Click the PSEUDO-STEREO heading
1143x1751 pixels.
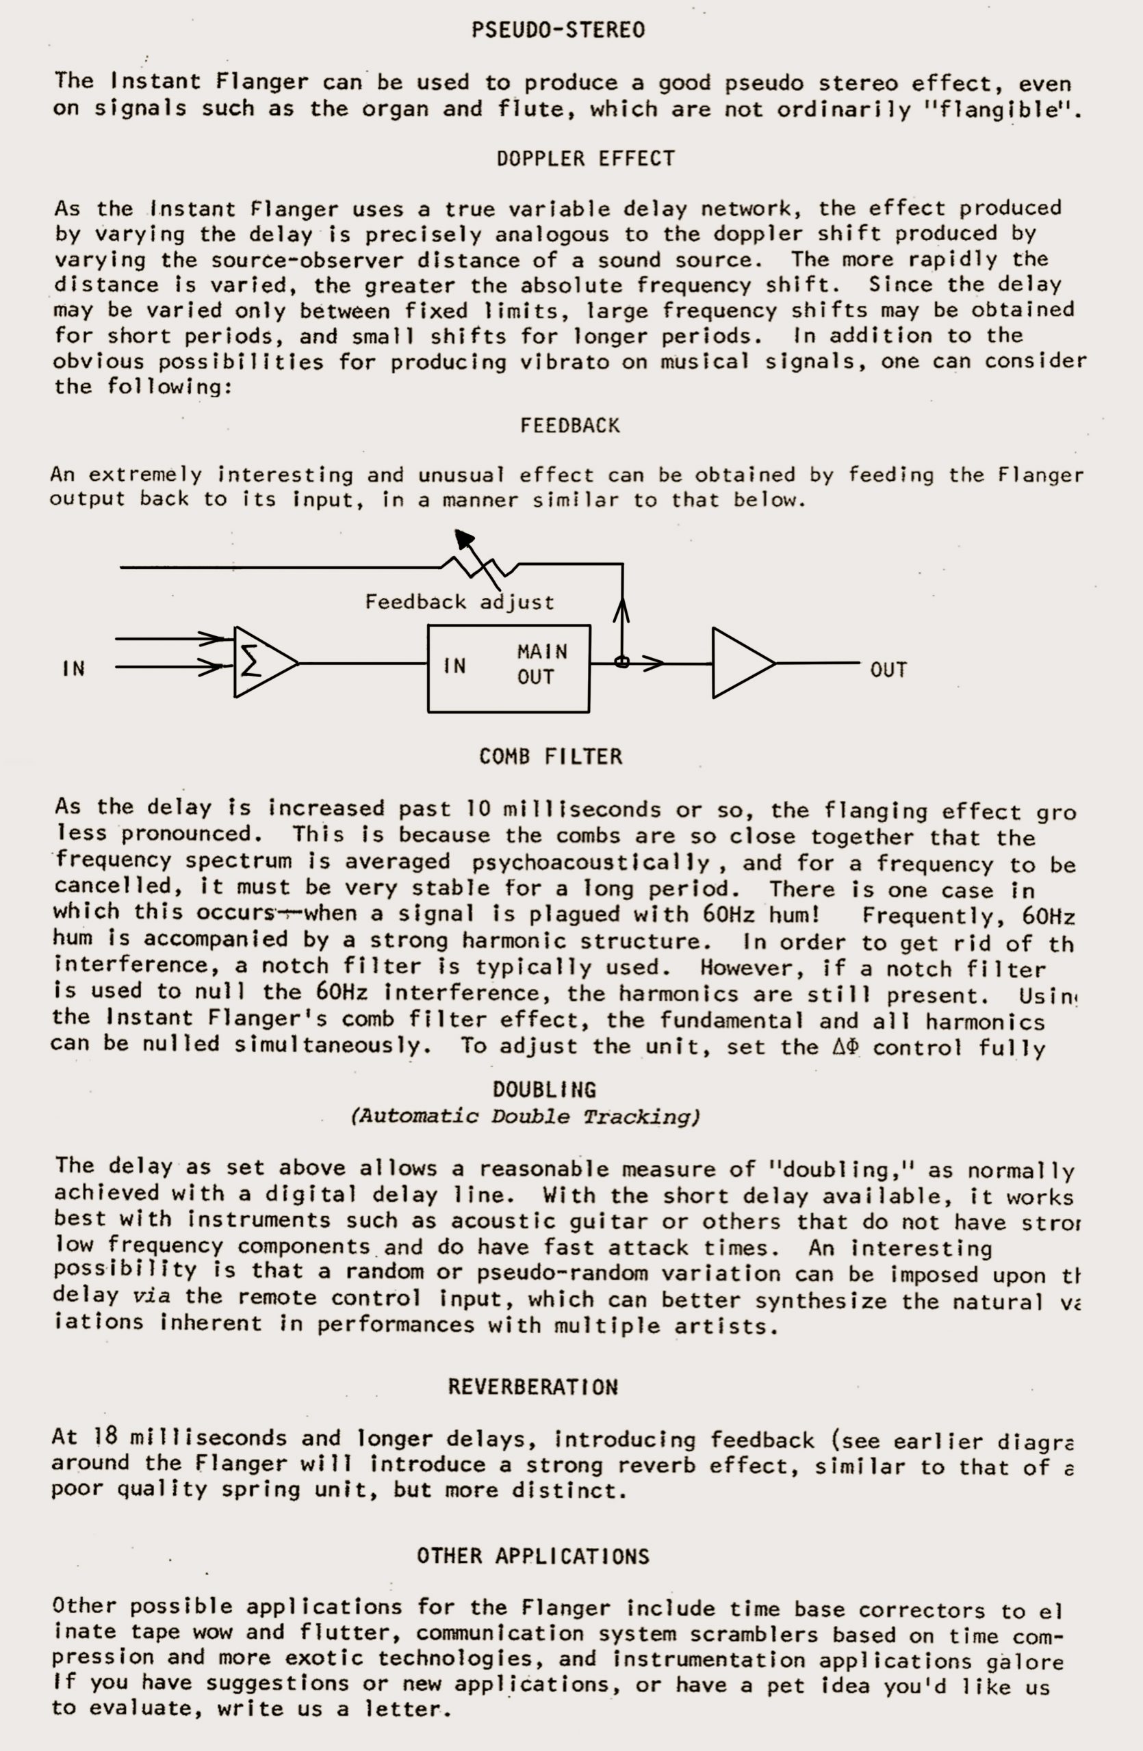click(558, 30)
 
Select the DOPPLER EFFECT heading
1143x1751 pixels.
click(585, 159)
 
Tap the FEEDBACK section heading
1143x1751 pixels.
click(569, 426)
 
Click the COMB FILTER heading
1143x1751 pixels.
click(550, 756)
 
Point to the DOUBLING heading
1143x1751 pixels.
click(544, 1090)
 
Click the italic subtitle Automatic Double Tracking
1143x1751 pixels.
click(525, 1117)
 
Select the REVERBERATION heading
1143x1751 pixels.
click(533, 1387)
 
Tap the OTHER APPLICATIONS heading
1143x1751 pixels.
click(533, 1556)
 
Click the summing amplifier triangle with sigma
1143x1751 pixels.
click(261, 663)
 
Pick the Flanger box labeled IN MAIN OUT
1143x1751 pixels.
click(509, 668)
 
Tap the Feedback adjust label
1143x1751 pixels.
click(459, 603)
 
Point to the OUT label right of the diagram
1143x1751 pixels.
click(888, 670)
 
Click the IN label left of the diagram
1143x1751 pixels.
click(74, 669)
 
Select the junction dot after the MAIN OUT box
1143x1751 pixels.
click(621, 663)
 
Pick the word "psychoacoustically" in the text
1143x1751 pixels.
click(590, 863)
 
